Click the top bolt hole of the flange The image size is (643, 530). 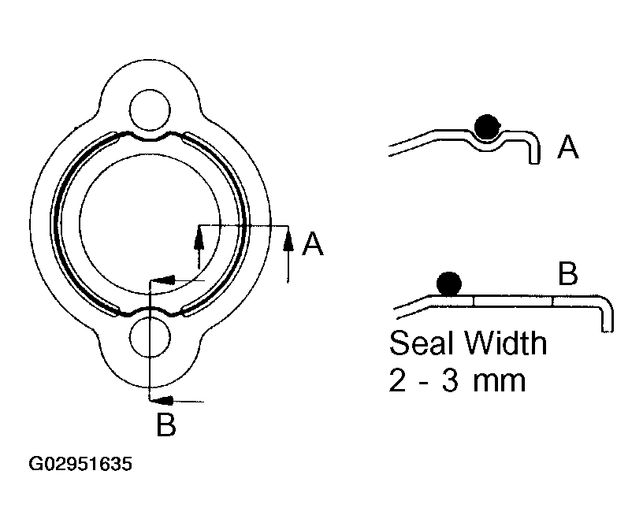(150, 109)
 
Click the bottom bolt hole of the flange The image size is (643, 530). (150, 337)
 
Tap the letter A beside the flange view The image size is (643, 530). (313, 243)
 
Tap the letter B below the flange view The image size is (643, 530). (166, 424)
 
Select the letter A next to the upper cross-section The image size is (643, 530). (568, 146)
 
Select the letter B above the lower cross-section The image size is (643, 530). (568, 273)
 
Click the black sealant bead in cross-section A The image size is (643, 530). (487, 126)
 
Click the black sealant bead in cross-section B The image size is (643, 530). (449, 284)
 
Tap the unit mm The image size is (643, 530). (499, 383)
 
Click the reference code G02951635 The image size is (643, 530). (80, 464)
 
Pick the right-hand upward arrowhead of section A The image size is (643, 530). (288, 239)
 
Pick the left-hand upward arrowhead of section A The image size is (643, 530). (199, 239)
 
